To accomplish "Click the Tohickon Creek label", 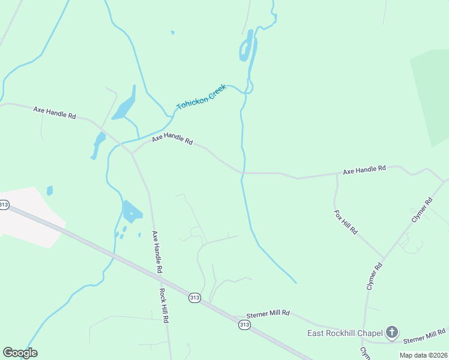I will coord(201,97).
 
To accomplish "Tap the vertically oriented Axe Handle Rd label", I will coord(157,252).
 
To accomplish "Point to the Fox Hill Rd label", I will coord(346,221).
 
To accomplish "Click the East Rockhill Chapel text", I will coord(345,334).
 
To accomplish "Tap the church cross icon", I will coord(392,332).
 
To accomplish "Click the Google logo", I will coord(20,353).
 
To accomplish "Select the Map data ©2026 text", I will coord(423,355).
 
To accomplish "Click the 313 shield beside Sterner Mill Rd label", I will coord(244,325).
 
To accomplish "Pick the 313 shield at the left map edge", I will coord(4,205).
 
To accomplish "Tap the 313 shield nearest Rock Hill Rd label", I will coord(194,298).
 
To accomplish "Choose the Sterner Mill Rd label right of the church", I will coord(424,336).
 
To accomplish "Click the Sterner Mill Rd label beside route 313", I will coord(269,313).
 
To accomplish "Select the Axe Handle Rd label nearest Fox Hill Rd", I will coord(364,170).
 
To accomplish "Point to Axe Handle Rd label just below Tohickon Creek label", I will coord(172,140).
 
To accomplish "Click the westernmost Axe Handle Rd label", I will coord(55,112).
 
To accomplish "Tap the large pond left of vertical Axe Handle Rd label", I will coord(131,211).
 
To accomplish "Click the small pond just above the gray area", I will coord(49,191).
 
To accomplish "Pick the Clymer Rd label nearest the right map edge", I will coord(422,211).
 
